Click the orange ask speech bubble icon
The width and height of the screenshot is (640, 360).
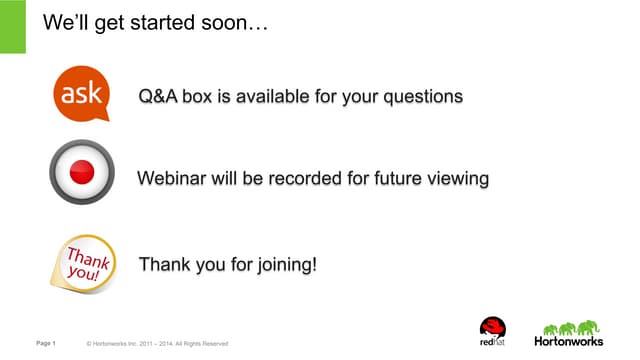click(x=80, y=95)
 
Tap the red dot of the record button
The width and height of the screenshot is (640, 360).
click(x=82, y=172)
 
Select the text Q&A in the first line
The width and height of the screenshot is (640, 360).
click(x=158, y=97)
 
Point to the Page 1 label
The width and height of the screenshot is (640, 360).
click(x=46, y=344)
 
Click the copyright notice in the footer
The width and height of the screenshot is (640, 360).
click(x=158, y=344)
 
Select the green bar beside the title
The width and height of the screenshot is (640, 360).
click(x=12, y=27)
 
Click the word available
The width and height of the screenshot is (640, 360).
click(x=275, y=97)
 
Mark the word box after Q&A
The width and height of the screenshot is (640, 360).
click(x=197, y=97)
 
